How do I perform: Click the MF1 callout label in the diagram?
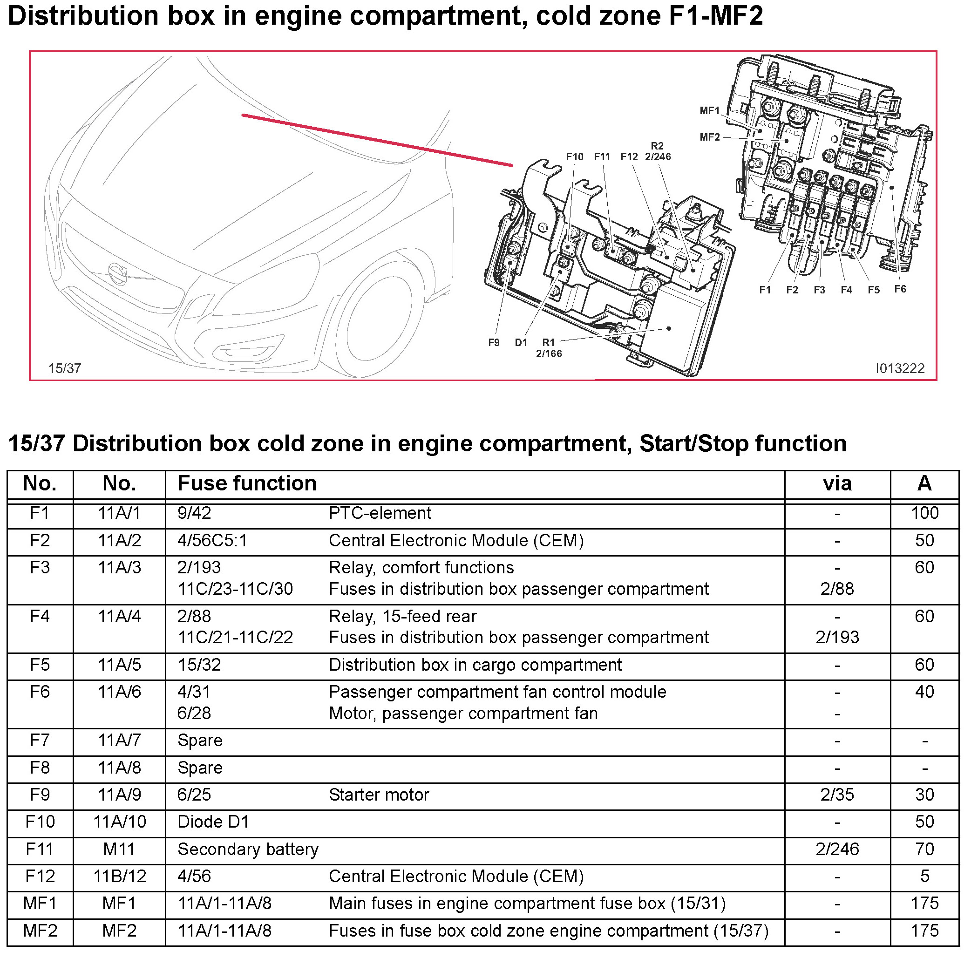click(709, 111)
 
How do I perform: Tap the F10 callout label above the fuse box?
click(575, 157)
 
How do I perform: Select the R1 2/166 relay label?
click(549, 348)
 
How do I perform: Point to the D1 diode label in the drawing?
click(521, 343)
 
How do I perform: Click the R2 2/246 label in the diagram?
click(658, 152)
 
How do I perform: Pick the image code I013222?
click(900, 368)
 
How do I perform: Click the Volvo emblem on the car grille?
click(118, 274)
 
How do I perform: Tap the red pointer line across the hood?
click(377, 140)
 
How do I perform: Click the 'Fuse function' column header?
click(246, 483)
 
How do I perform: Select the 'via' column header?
click(837, 483)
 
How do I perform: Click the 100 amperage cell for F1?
click(924, 513)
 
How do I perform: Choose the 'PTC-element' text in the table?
click(380, 513)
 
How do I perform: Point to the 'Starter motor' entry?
click(379, 795)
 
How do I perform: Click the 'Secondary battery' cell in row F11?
click(248, 849)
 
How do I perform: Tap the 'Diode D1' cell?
click(213, 822)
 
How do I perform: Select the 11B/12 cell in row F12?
click(120, 877)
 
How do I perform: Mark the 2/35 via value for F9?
click(837, 795)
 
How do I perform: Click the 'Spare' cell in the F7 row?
click(200, 741)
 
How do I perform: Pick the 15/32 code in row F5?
click(199, 665)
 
